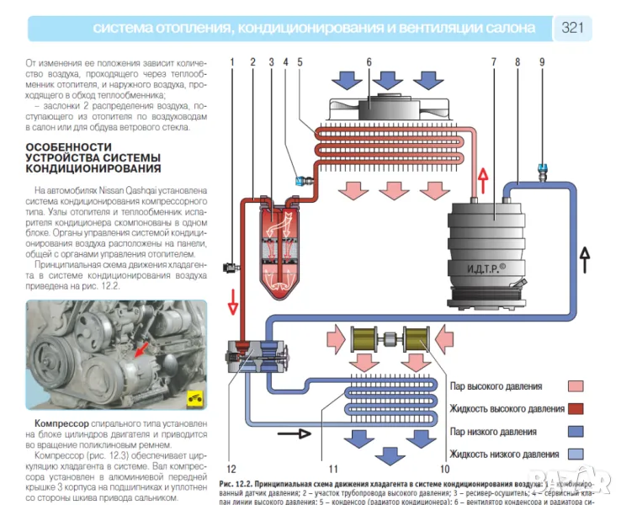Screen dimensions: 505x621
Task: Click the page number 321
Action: [x=572, y=28]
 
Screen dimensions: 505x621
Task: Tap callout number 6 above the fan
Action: [x=369, y=61]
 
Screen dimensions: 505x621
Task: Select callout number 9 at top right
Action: [x=542, y=61]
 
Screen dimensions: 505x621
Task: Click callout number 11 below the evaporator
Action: [x=332, y=468]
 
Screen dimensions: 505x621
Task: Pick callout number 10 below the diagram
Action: [x=445, y=468]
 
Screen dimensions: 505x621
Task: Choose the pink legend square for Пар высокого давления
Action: [x=576, y=386]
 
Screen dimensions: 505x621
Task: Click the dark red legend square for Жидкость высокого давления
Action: [x=576, y=409]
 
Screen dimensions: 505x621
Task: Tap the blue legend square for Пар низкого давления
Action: [x=576, y=432]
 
